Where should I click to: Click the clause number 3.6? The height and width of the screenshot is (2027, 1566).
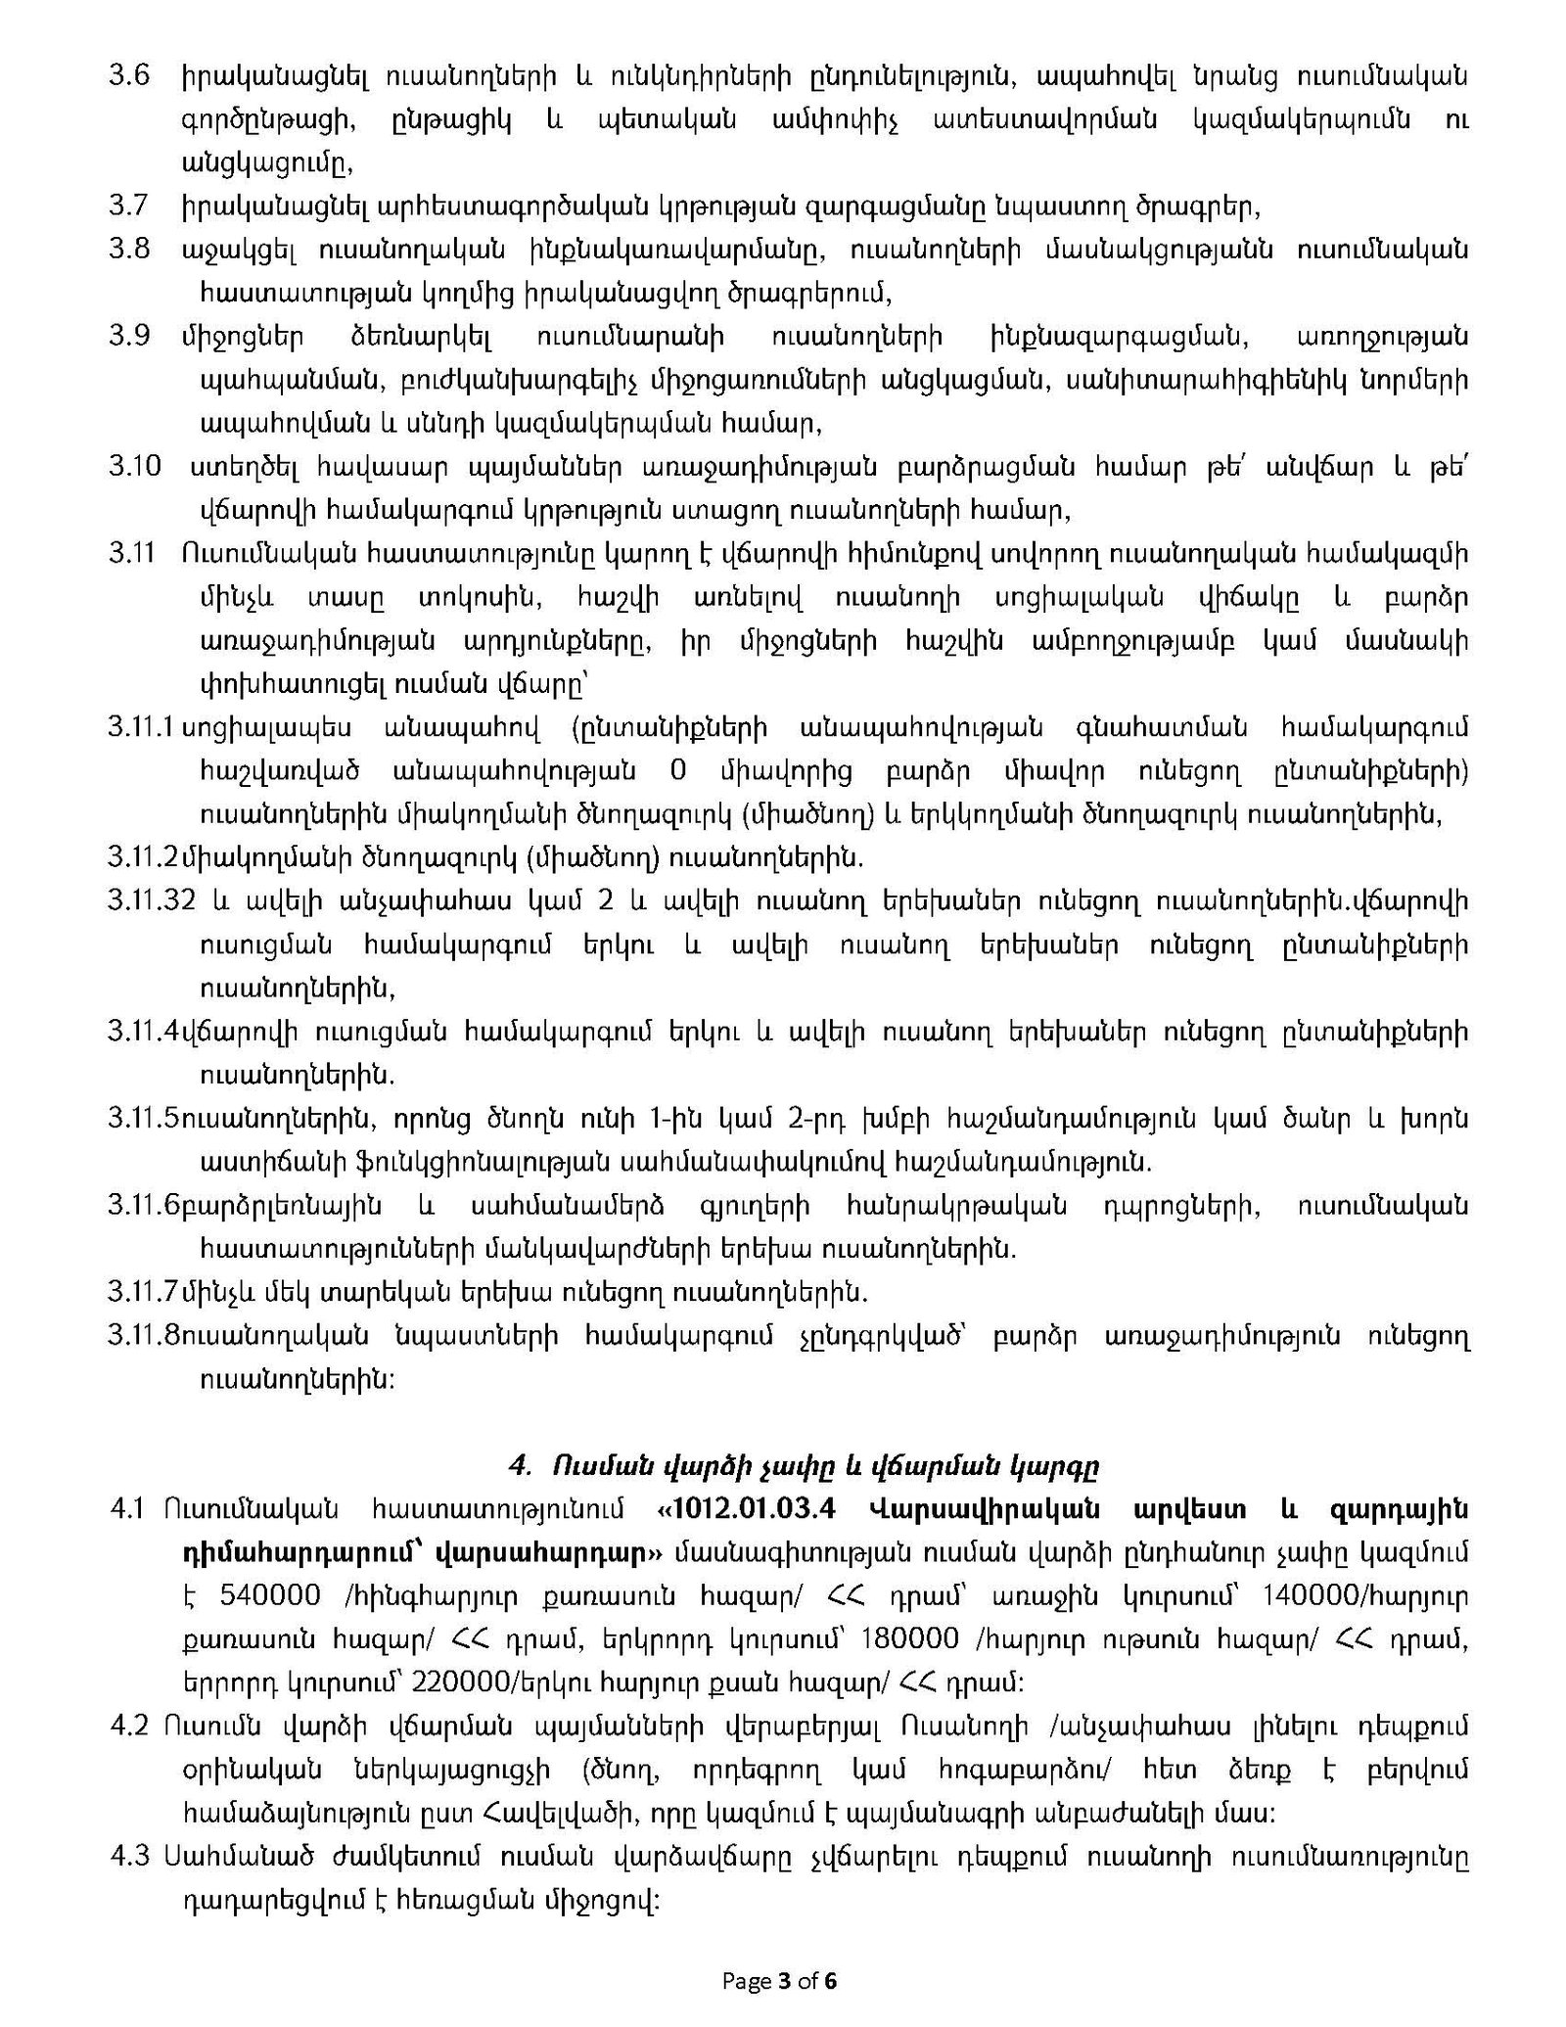tap(127, 76)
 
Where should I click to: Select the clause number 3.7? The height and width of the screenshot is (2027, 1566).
tap(127, 207)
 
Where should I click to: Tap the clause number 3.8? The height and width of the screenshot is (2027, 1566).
tap(128, 250)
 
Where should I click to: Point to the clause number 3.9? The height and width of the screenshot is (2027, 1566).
tap(128, 337)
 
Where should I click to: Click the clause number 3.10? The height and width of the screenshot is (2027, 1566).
tap(134, 467)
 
